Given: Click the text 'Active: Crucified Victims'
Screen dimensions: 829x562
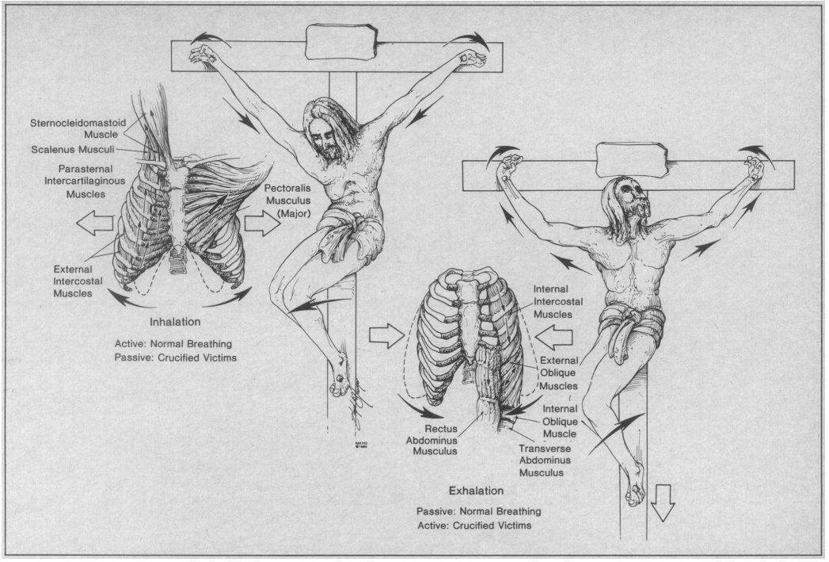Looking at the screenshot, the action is [473, 525].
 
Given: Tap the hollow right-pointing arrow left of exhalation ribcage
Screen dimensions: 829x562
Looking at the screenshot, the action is [386, 336].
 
